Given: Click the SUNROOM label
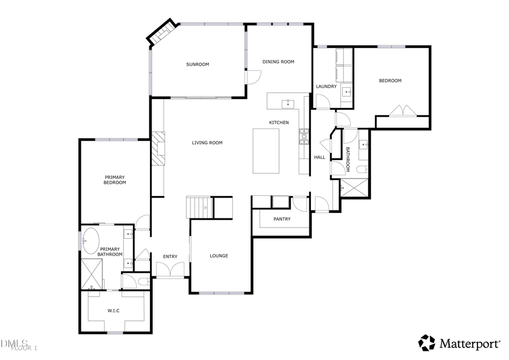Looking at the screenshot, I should click(197, 65).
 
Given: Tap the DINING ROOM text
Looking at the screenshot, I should click(278, 62).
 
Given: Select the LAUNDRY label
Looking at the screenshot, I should click(326, 87).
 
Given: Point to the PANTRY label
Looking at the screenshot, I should click(282, 219).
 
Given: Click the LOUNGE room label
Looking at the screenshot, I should click(219, 256).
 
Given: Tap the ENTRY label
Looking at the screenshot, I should click(170, 257).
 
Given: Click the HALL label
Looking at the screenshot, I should click(320, 157).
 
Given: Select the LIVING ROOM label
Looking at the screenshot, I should click(207, 143).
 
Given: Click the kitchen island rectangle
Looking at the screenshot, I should click(266, 151).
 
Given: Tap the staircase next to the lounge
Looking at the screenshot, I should click(199, 207).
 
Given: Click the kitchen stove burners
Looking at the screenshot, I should click(304, 135).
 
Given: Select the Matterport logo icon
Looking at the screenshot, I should click(427, 343).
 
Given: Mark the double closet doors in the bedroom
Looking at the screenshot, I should click(403, 110).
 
